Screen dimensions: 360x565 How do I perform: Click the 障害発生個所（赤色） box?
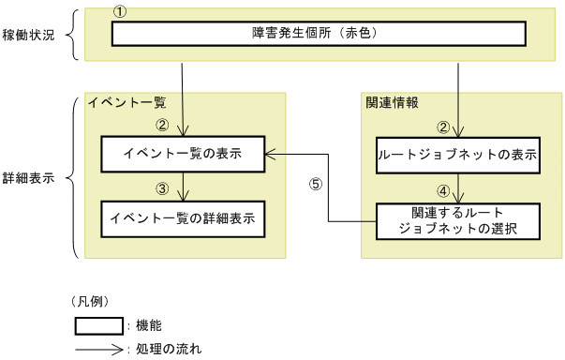click(x=318, y=35)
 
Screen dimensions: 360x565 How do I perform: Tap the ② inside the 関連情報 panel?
click(x=444, y=127)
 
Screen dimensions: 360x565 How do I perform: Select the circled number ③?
click(x=162, y=187)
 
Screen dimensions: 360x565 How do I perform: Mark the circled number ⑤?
click(x=316, y=184)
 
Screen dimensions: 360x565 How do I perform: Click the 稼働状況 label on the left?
click(x=30, y=35)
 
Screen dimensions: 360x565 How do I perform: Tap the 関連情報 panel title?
click(x=393, y=102)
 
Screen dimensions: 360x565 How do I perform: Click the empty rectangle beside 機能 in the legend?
click(x=98, y=326)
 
